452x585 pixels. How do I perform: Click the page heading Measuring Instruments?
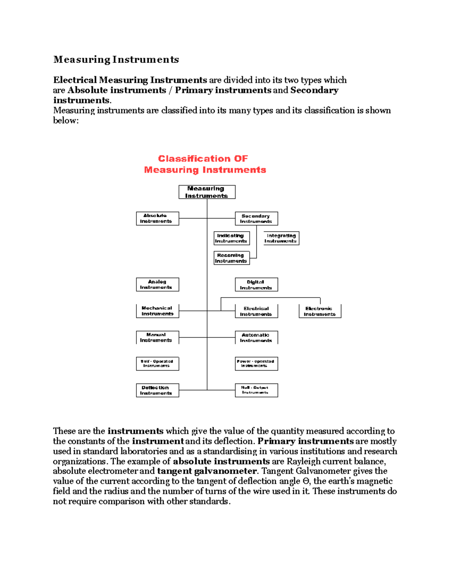[116, 60]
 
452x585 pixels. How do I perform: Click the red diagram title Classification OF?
[203, 159]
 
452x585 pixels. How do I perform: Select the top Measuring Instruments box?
[207, 192]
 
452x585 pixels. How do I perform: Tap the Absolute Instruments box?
[157, 218]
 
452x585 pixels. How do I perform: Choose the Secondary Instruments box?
[256, 219]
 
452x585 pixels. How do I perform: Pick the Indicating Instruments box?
[231, 238]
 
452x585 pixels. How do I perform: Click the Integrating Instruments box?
[281, 238]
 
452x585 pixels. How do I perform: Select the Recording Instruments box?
[231, 258]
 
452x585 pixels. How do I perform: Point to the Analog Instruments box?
[157, 284]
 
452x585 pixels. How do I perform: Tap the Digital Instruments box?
[256, 285]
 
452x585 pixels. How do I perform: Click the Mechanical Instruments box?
[157, 311]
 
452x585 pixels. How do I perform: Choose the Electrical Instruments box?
[256, 312]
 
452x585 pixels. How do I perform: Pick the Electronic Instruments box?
[320, 312]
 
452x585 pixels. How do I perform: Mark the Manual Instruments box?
[157, 338]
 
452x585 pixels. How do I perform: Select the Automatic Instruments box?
[256, 338]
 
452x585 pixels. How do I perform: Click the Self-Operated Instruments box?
[157, 364]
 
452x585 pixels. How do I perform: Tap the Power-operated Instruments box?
[256, 364]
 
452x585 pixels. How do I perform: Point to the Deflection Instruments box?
[157, 390]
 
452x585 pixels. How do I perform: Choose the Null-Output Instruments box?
[256, 390]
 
